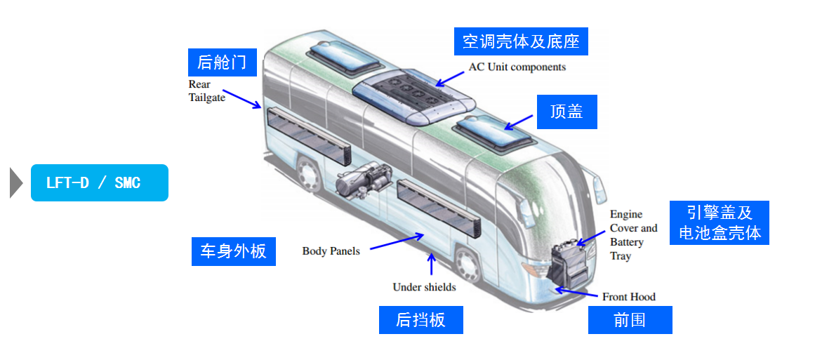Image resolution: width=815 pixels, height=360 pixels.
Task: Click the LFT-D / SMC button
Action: pyautogui.click(x=99, y=183)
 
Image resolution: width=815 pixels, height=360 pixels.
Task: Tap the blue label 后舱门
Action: pyautogui.click(x=222, y=62)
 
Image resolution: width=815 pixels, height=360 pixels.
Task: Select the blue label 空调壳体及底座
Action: pyautogui.click(x=520, y=41)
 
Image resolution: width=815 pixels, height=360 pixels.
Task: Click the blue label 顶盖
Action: pyautogui.click(x=566, y=112)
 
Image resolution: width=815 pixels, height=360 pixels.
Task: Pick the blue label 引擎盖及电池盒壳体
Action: pyautogui.click(x=719, y=222)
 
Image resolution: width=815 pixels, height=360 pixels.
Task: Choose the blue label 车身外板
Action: pyautogui.click(x=233, y=251)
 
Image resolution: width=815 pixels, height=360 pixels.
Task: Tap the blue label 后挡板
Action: pyautogui.click(x=420, y=320)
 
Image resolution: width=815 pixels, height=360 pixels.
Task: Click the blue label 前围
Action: pyautogui.click(x=629, y=320)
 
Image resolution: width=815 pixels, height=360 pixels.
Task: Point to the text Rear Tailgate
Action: pyautogui.click(x=206, y=91)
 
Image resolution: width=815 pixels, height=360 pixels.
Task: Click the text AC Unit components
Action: pyautogui.click(x=517, y=67)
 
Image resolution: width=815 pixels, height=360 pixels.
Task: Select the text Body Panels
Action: pyautogui.click(x=331, y=251)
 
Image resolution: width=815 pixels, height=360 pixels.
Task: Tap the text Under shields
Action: pyautogui.click(x=424, y=287)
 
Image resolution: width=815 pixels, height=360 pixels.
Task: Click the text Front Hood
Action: pyautogui.click(x=628, y=297)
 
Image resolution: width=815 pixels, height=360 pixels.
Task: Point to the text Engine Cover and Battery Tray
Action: pyautogui.click(x=632, y=235)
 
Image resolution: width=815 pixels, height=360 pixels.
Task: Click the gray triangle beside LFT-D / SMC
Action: pyautogui.click(x=16, y=183)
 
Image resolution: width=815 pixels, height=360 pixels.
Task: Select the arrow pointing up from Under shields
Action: pyautogui.click(x=432, y=265)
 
